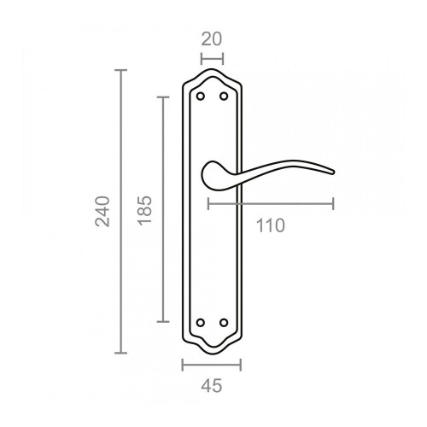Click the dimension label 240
103,211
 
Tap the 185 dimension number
144,210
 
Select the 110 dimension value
270,225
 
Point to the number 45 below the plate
212,385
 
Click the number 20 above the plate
212,38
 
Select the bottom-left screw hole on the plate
201,323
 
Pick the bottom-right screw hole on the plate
223,323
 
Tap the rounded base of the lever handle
209,175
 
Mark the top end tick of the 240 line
121,71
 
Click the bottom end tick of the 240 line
121,353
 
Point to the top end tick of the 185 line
162,97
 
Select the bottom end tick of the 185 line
162,322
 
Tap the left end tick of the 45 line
184,365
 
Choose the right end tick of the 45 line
241,365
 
